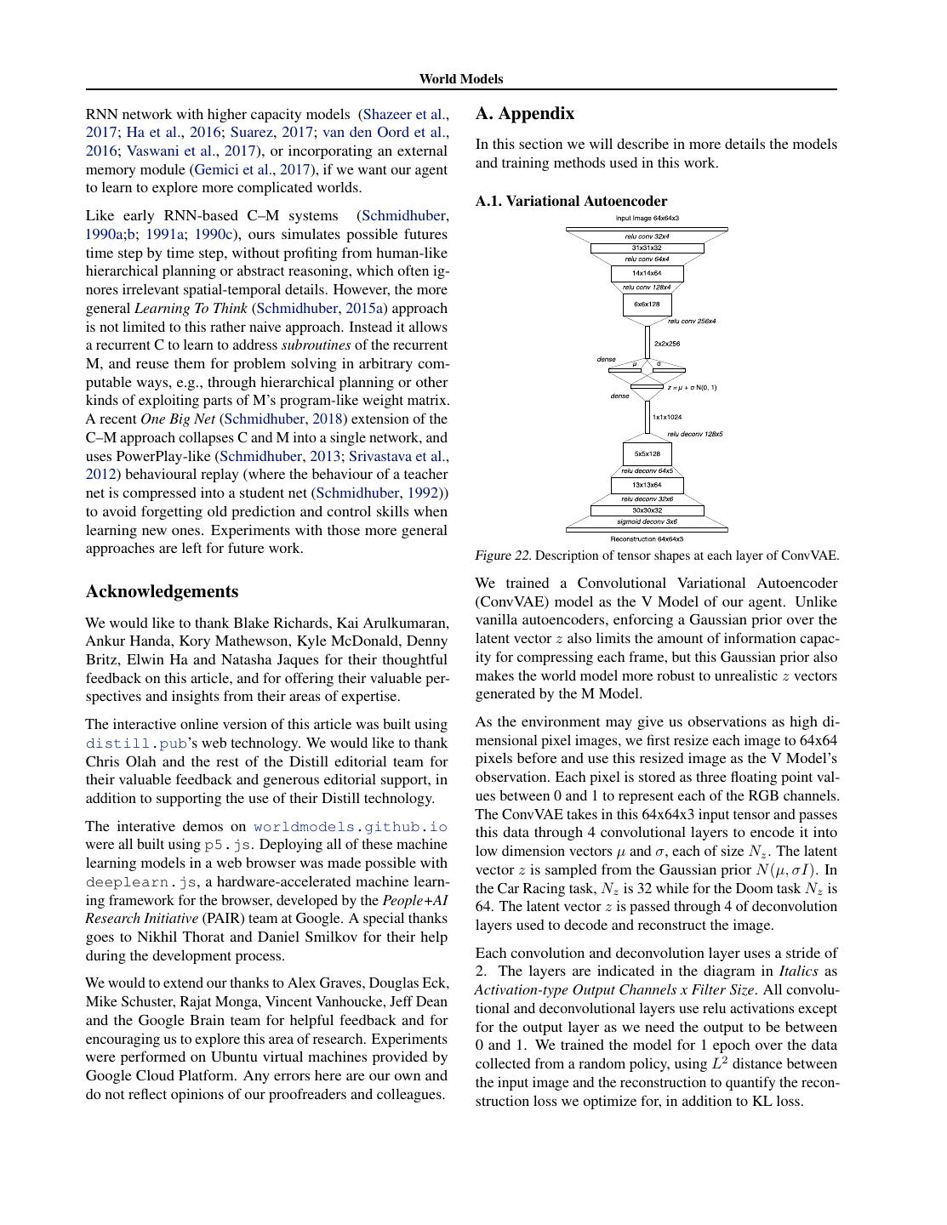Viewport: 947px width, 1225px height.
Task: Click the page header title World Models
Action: [x=460, y=79]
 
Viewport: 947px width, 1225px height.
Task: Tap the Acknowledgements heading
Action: [x=162, y=592]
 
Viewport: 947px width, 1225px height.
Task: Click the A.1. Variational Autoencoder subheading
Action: [x=571, y=202]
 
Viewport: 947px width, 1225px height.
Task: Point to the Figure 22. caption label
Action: [x=503, y=556]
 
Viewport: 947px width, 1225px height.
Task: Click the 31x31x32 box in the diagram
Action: [x=647, y=248]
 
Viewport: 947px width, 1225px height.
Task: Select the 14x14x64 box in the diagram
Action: [x=647, y=273]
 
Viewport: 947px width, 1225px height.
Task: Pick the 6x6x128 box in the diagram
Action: [x=647, y=304]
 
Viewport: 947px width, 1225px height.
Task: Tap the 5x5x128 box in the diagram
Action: [x=647, y=453]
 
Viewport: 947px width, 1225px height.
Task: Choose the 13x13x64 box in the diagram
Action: [x=647, y=485]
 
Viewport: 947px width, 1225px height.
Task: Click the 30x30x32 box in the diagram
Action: [x=647, y=510]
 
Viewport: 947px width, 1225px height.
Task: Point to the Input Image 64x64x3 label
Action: [x=647, y=219]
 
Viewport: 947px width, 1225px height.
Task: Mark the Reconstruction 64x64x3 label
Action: [x=647, y=538]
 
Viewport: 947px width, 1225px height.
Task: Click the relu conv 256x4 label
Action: [x=691, y=322]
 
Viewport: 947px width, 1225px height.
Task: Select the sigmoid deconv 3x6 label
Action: [x=647, y=521]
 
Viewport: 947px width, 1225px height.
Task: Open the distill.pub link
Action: [x=135, y=743]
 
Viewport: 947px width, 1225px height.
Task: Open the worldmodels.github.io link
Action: [x=350, y=826]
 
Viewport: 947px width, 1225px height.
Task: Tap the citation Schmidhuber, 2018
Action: [x=283, y=419]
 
